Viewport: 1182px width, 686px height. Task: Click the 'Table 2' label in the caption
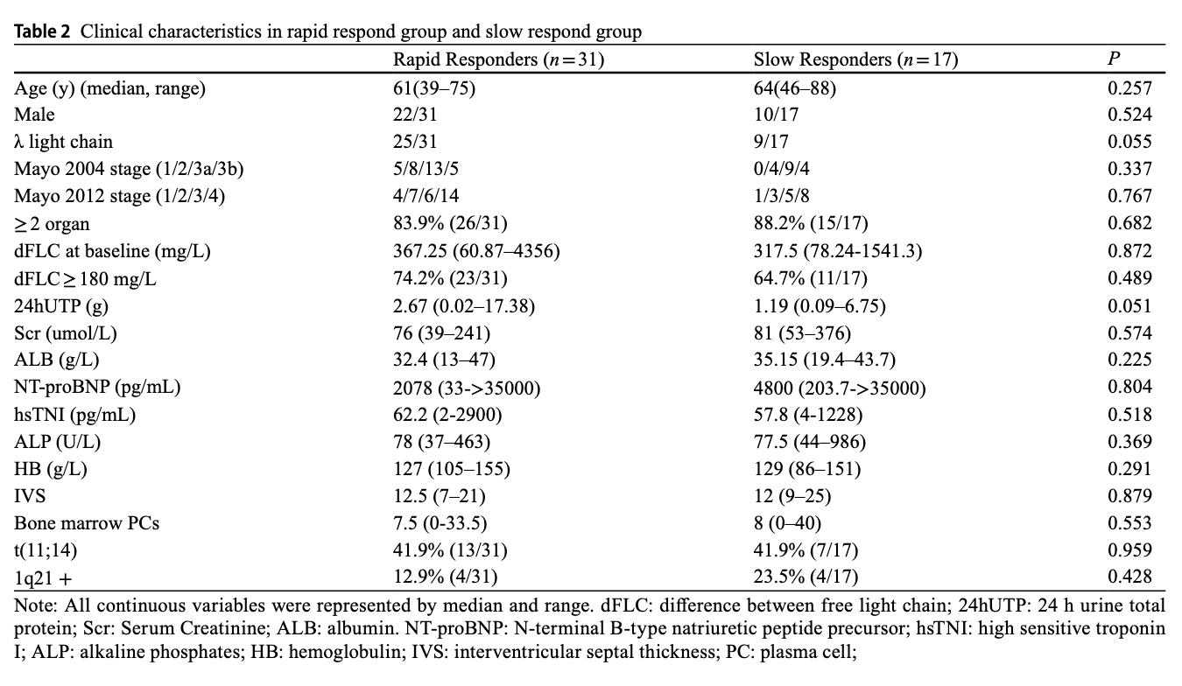click(42, 31)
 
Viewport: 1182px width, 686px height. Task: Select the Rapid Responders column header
click(498, 59)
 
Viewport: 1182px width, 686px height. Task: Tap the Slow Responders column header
click(855, 59)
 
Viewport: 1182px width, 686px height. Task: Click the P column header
click(1114, 59)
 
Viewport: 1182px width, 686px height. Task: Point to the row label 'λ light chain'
click(63, 142)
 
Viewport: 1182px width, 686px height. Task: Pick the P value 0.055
click(1129, 142)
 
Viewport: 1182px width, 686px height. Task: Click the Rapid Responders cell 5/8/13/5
click(426, 169)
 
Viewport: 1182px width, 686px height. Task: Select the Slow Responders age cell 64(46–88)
click(795, 88)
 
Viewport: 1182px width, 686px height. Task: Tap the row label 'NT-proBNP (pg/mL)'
click(97, 387)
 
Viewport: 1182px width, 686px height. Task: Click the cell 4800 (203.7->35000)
click(840, 388)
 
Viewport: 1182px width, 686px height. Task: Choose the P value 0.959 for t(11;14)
click(1129, 550)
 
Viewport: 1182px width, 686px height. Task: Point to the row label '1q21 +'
click(43, 578)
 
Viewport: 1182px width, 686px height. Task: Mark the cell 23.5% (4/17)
click(806, 577)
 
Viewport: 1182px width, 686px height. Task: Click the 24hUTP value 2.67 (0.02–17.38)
click(464, 306)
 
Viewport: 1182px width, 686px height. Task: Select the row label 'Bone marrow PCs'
click(87, 523)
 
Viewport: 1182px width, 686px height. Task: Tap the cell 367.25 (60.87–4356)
click(476, 251)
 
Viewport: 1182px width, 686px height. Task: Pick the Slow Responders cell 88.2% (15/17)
click(811, 223)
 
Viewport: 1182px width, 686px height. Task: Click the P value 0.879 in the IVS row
click(1129, 495)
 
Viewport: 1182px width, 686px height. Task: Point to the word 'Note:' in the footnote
click(36, 605)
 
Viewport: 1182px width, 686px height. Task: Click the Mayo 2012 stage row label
click(119, 196)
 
